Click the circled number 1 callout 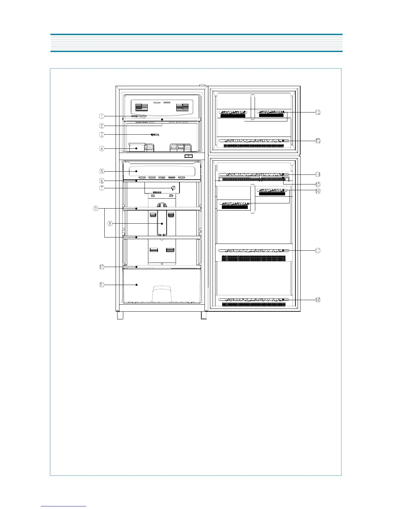click(101, 116)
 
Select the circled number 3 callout click(101, 135)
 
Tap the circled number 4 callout click(101, 148)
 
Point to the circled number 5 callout click(101, 171)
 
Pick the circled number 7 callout click(101, 188)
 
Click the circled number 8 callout click(96, 208)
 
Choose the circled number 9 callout click(110, 223)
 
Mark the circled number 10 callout click(101, 267)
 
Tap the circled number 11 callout click(101, 285)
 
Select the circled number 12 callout click(318, 112)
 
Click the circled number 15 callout click(318, 184)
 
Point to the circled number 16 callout click(318, 191)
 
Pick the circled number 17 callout click(318, 250)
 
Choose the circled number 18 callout click(318, 300)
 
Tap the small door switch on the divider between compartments click(189, 156)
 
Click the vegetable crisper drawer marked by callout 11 click(162, 286)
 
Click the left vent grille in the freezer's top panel click(141, 107)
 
